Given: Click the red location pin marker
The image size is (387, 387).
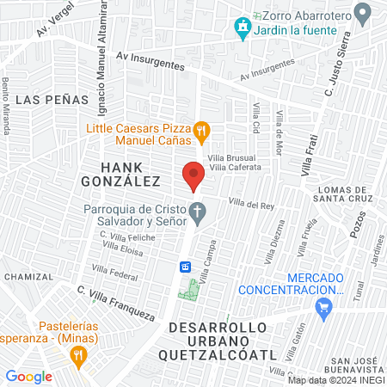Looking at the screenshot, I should pyautogui.click(x=193, y=175).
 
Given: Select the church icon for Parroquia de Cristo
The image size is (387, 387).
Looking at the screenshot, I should pyautogui.click(x=198, y=211).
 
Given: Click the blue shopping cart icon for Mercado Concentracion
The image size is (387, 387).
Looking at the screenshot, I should pyautogui.click(x=323, y=311).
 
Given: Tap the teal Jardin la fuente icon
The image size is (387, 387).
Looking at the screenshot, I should pyautogui.click(x=243, y=28).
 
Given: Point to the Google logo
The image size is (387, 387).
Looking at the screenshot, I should pyautogui.click(x=28, y=376).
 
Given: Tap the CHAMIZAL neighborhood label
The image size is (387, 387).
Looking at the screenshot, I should pyautogui.click(x=28, y=277).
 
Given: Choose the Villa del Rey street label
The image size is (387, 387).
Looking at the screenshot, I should pyautogui.click(x=250, y=204).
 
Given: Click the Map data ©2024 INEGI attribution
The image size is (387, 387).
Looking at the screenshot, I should pyautogui.click(x=336, y=380).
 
